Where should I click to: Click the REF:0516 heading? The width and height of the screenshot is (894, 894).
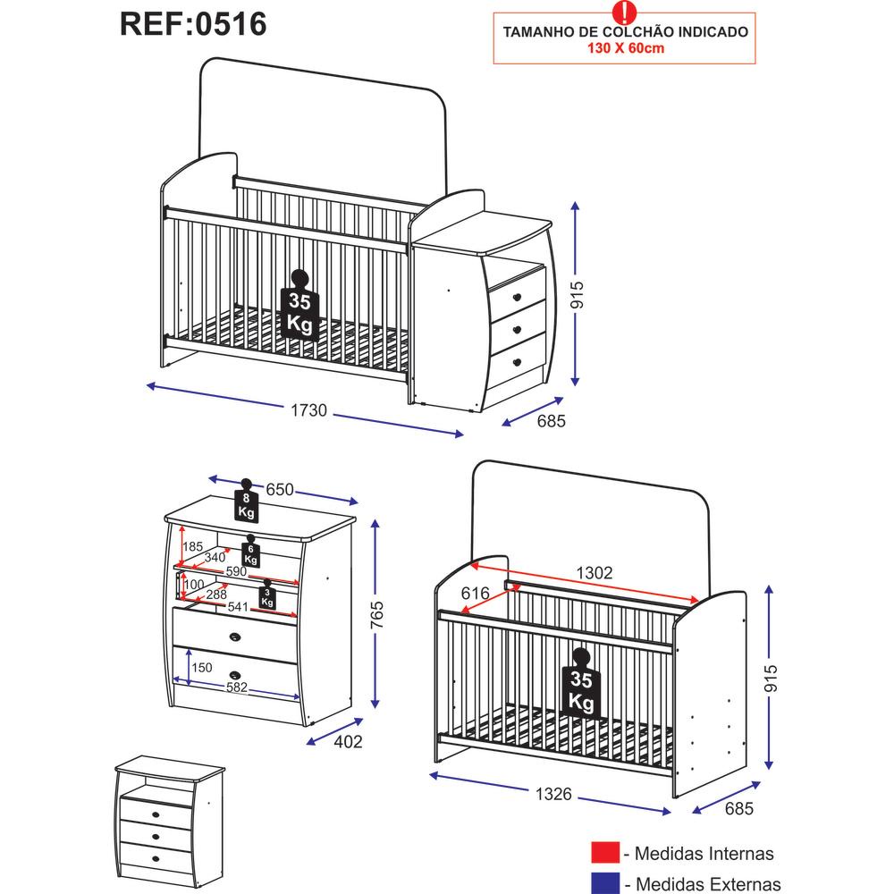pos(193,24)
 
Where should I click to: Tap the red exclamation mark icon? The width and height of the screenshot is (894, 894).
pos(623,11)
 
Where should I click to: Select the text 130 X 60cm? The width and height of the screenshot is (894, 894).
pos(625,48)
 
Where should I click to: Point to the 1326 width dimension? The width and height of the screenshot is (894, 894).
pos(554,796)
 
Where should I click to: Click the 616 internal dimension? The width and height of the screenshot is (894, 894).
pos(476,594)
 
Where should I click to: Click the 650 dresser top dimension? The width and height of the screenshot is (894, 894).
pos(280,491)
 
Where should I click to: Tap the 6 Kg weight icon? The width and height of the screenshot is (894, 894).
pos(251,553)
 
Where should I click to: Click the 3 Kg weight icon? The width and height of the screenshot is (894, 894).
pos(266,595)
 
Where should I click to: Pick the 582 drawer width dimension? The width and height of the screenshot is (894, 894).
pos(236,687)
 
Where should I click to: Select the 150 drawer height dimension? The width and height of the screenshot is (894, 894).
pos(201,667)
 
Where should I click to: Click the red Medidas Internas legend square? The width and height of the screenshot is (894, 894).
pos(605,855)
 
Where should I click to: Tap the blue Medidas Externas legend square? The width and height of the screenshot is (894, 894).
pos(605,883)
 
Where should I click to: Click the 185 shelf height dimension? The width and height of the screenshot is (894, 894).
pos(192,546)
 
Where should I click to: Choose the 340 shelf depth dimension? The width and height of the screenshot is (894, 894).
pos(215,558)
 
